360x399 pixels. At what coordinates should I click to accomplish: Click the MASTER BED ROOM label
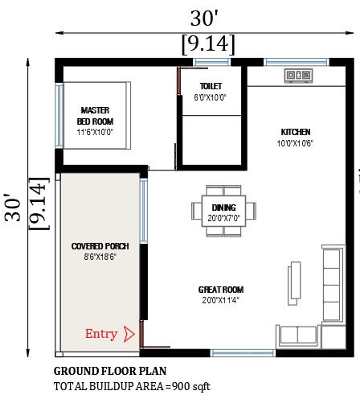click(x=95, y=115)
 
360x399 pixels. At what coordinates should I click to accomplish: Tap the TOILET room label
click(x=211, y=86)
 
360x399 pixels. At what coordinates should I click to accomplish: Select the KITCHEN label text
click(x=295, y=132)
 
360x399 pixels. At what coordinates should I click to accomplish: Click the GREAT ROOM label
click(x=220, y=290)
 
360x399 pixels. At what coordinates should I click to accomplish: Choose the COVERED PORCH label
click(x=100, y=246)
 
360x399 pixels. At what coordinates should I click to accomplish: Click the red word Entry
click(x=101, y=334)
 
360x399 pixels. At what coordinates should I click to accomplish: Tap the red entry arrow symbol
click(x=129, y=334)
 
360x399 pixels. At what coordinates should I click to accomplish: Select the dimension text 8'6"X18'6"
click(x=100, y=257)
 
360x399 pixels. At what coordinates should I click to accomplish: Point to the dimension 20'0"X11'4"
click(x=220, y=300)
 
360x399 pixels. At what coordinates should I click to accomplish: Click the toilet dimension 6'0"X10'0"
click(x=211, y=97)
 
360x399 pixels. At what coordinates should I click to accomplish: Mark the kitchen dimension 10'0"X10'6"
click(x=295, y=143)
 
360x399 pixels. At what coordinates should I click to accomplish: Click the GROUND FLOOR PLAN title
click(x=109, y=372)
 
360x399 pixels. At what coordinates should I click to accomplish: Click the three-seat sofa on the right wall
click(x=332, y=281)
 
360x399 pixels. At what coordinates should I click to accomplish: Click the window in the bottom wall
click(x=242, y=352)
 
